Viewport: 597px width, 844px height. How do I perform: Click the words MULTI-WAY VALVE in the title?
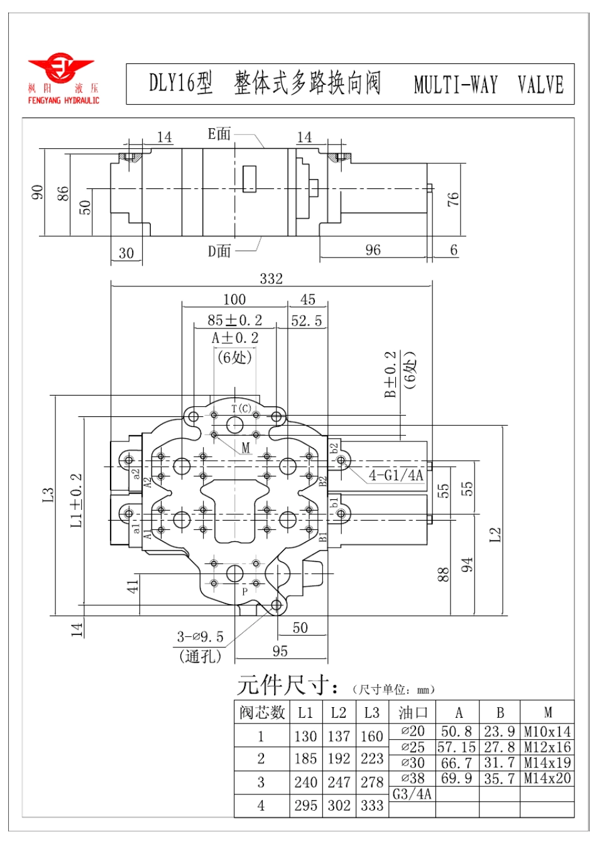tap(488, 85)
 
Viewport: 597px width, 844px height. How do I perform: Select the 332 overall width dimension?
tap(271, 278)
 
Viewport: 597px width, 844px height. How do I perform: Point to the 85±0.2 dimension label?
tap(234, 320)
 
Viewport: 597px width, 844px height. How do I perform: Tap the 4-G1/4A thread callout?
tap(395, 475)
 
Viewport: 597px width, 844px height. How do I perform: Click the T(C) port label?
tap(241, 409)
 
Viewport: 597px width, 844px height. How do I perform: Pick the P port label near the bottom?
tap(245, 591)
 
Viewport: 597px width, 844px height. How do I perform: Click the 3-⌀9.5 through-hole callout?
tap(200, 637)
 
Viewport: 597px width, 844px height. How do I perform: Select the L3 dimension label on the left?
tap(48, 495)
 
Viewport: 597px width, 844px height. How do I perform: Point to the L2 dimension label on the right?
tap(495, 534)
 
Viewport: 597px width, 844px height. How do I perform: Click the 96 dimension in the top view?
tap(373, 250)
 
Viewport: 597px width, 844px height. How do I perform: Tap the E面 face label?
tap(219, 134)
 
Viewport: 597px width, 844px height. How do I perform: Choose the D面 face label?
tap(219, 251)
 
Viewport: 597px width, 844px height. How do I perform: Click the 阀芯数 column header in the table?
tap(262, 713)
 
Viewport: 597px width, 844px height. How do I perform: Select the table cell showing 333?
tap(372, 805)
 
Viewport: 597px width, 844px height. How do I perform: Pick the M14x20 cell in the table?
tap(547, 779)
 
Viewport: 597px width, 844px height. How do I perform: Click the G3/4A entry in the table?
tap(412, 794)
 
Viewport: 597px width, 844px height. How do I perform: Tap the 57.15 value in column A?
tap(457, 747)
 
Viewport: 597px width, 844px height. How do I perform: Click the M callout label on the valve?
tap(246, 448)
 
